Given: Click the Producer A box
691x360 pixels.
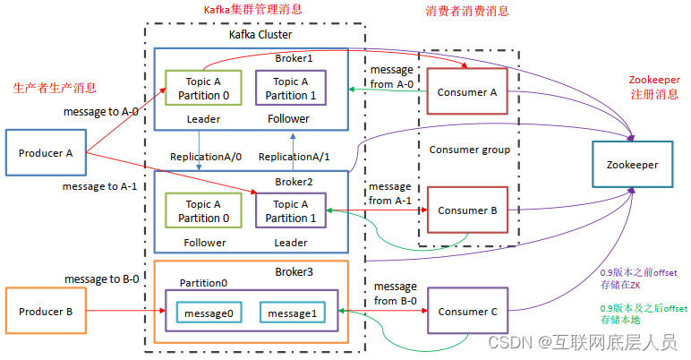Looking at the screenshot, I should coord(46,153).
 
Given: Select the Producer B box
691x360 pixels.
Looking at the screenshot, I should coord(46,313).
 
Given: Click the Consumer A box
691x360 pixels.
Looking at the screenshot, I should coord(467,92).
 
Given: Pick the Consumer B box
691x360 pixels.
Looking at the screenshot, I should coord(467,211).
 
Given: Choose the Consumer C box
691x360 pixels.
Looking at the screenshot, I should coord(467,313).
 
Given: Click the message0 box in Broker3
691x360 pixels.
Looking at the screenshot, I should coord(209,313).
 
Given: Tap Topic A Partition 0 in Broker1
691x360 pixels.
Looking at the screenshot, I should coord(203,89).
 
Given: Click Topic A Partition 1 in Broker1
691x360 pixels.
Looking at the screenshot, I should coord(289,89).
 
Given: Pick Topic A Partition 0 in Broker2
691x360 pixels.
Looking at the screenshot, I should coord(203,211).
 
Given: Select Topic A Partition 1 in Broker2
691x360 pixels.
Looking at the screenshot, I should coord(289,211).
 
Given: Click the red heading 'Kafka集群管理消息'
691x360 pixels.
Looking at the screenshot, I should coord(253,10).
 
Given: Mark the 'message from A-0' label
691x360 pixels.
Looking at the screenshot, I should coord(390,77).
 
